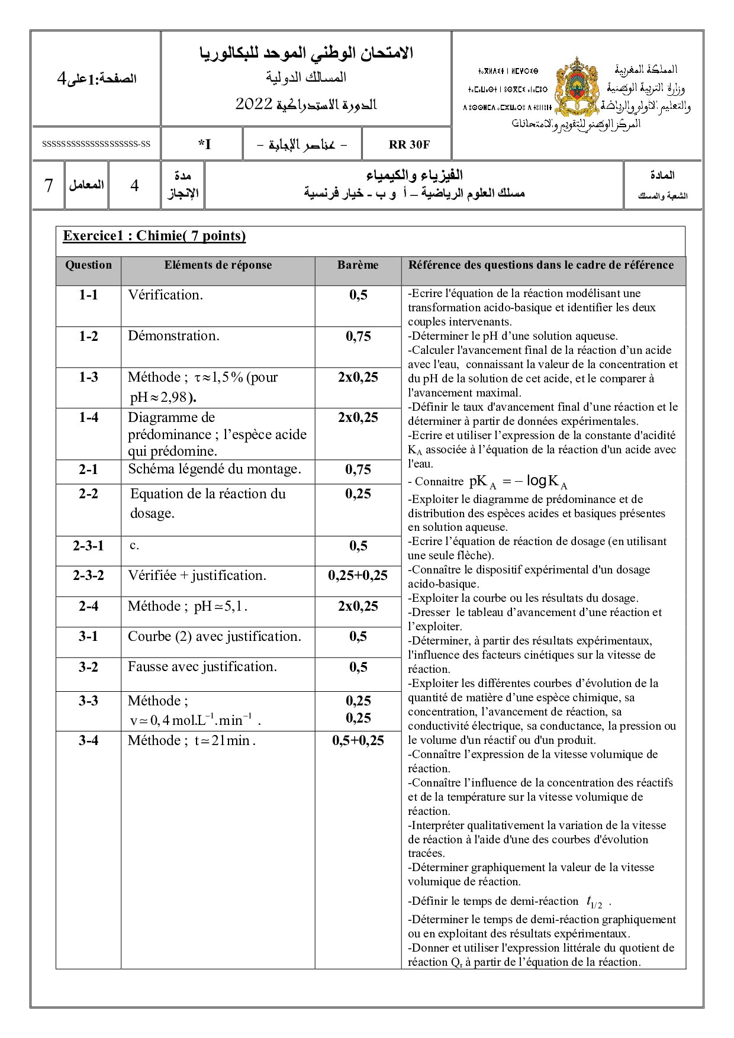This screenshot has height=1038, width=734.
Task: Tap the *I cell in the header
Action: click(204, 144)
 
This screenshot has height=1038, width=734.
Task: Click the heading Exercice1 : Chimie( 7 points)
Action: click(154, 236)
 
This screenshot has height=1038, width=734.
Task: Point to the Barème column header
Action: click(358, 265)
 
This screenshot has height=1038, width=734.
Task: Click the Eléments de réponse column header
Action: click(218, 265)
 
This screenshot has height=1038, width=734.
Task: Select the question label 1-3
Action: click(88, 377)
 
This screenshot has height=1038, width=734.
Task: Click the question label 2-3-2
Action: click(88, 575)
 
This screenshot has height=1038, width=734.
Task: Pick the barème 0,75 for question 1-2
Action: click(358, 336)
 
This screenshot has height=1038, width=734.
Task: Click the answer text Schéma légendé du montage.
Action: click(214, 469)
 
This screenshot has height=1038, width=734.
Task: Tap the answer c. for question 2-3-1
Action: click(134, 545)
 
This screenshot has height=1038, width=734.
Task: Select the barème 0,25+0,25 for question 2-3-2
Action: click(358, 575)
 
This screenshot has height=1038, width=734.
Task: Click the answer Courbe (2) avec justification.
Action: click(214, 636)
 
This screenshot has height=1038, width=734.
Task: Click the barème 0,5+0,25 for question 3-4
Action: click(358, 740)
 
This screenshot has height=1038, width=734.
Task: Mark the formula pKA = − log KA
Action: click(518, 482)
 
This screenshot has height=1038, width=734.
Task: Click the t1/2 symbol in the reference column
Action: click(594, 902)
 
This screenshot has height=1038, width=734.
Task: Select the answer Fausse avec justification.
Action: click(202, 667)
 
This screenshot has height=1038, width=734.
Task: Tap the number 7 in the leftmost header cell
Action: click(49, 186)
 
